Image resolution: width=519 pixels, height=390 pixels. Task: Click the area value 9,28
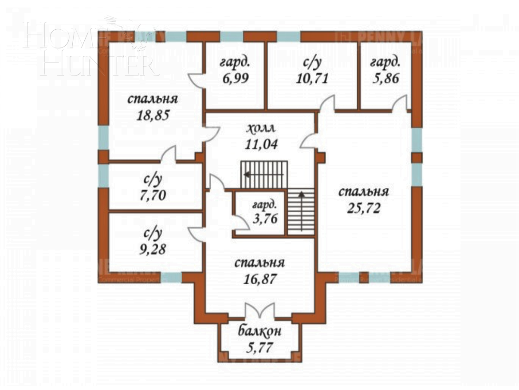[x=152, y=249]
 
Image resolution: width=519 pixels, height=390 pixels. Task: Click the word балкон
[x=259, y=331]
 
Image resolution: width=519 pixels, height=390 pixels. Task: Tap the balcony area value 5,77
[x=259, y=346]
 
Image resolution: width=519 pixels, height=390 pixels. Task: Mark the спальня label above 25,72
[x=363, y=192]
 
